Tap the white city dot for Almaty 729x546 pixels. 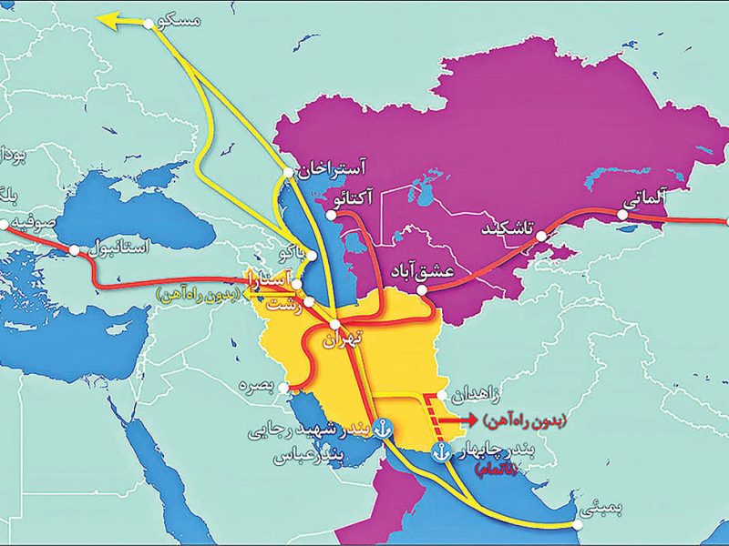tap(621, 216)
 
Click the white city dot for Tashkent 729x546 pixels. tap(541, 236)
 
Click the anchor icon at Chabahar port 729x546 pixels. tap(441, 451)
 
